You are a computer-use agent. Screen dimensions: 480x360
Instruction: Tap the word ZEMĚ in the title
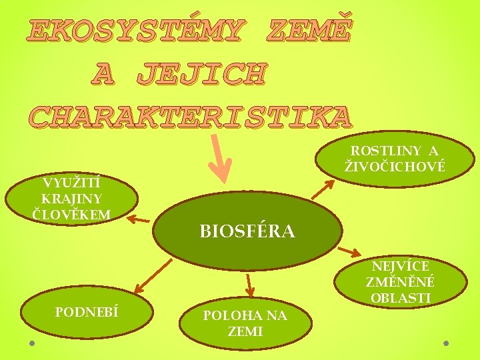[x=307, y=29]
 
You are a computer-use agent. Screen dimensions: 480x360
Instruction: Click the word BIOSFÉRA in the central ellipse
[x=247, y=231]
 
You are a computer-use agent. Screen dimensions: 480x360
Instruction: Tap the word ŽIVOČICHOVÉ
[x=395, y=166]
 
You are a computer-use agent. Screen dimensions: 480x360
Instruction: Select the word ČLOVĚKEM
[x=71, y=213]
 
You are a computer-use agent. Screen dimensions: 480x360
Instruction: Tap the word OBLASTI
[x=401, y=297]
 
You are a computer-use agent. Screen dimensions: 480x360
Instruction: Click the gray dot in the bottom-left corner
[x=32, y=343]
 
